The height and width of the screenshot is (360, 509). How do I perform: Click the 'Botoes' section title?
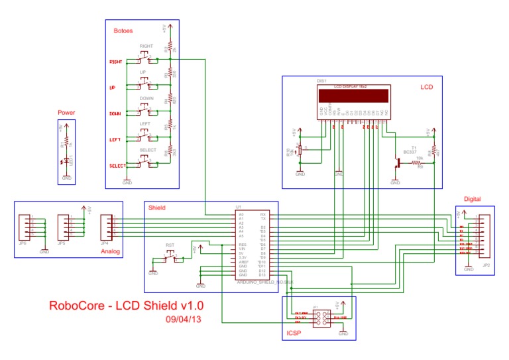[x=123, y=31]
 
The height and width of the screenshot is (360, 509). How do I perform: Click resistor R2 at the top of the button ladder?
[x=170, y=48]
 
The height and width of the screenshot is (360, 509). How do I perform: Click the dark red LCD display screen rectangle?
[x=351, y=95]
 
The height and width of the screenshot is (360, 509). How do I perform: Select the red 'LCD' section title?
[x=426, y=87]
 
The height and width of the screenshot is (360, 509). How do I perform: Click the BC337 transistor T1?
[x=398, y=162]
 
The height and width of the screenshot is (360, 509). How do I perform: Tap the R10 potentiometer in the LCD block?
[x=300, y=150]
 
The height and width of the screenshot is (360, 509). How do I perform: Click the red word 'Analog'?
[x=110, y=252]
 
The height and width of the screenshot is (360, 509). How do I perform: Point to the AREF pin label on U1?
[x=243, y=262]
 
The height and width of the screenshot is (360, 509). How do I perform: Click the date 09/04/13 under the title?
[x=183, y=319]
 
